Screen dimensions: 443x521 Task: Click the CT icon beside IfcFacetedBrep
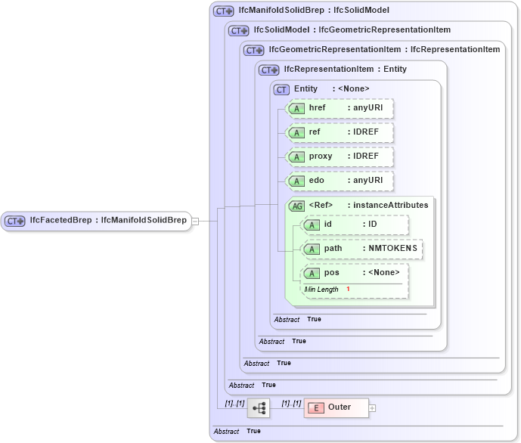tap(15, 221)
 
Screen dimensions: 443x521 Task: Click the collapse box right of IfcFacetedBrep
tap(195, 221)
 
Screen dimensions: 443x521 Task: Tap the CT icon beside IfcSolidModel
tap(239, 30)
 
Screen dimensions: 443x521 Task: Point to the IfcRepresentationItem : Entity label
tap(345, 70)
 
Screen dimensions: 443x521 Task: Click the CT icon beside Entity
tap(281, 89)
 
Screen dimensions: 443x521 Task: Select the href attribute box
tap(340, 108)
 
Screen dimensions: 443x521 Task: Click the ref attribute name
tap(315, 132)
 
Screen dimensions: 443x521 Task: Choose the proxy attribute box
tap(340, 156)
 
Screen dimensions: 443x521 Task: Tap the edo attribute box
tap(340, 181)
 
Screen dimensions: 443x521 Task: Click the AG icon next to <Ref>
tap(296, 205)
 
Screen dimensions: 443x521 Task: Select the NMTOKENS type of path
tap(393, 249)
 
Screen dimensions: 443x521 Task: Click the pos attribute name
tap(331, 273)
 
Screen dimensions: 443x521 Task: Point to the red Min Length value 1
tap(348, 290)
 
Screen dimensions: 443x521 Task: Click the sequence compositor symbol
tap(259, 407)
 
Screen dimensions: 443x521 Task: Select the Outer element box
tap(336, 407)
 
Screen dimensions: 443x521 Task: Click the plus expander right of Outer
tap(372, 407)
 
